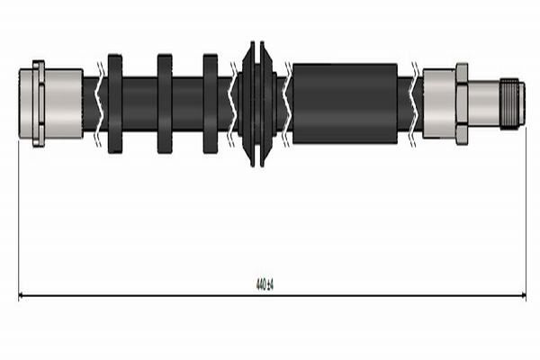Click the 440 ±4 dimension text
[265, 284]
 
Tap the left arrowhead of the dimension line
[20, 295]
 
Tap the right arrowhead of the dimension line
[524, 295]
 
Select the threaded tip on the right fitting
[512, 104]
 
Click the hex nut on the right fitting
[462, 103]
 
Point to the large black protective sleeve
[345, 103]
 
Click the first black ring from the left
[115, 103]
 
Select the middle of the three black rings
[165, 103]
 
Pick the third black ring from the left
[211, 103]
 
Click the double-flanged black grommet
[257, 104]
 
